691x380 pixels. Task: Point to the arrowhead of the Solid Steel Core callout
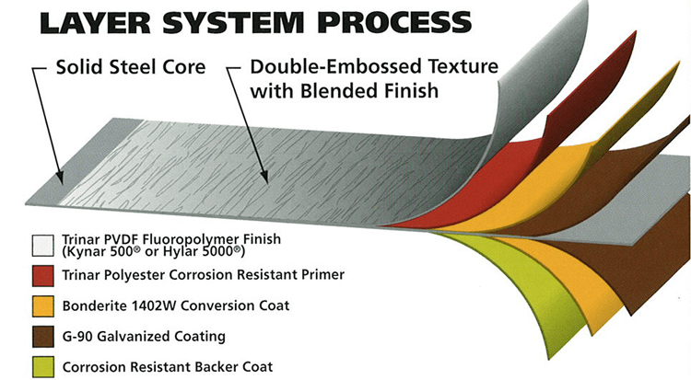[61, 180]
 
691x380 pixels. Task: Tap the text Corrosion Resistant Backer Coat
[167, 366]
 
